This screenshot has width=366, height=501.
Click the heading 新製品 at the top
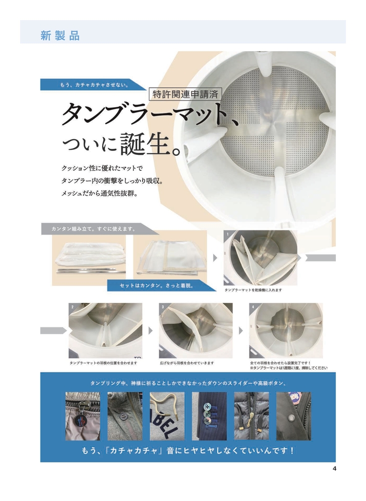(x=60, y=36)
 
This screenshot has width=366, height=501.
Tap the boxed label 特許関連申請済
(x=185, y=94)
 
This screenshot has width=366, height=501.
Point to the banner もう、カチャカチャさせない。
(x=92, y=85)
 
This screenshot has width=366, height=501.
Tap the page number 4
(x=334, y=469)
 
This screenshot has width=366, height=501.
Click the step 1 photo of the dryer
(x=260, y=258)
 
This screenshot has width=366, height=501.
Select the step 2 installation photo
(x=105, y=331)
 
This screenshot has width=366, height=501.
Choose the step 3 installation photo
(x=196, y=331)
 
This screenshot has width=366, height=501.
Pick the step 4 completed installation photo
(x=286, y=331)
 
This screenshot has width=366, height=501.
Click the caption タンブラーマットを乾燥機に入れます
(x=253, y=290)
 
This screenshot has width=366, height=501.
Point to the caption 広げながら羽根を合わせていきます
(x=187, y=363)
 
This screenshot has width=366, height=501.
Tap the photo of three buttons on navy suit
(x=209, y=416)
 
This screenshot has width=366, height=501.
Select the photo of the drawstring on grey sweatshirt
(x=167, y=416)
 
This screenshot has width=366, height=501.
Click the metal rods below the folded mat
(x=91, y=271)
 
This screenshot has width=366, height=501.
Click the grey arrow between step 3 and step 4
(x=241, y=330)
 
